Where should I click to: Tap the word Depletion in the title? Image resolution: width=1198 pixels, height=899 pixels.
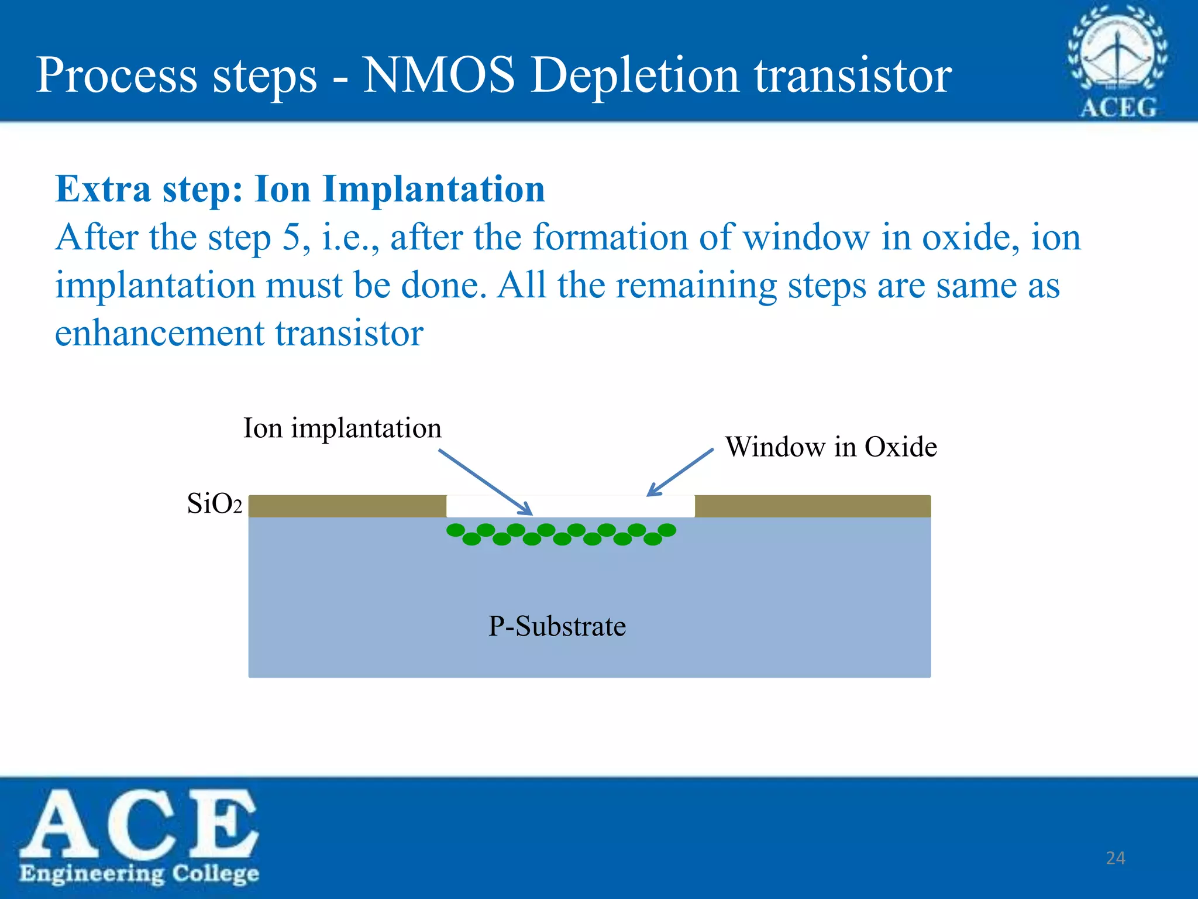pyautogui.click(x=635, y=76)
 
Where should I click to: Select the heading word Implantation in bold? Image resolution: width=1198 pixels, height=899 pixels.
pyautogui.click(x=433, y=190)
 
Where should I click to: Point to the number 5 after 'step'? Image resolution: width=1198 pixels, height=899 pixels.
pyautogui.click(x=291, y=238)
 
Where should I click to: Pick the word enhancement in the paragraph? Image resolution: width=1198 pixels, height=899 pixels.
pyautogui.click(x=159, y=334)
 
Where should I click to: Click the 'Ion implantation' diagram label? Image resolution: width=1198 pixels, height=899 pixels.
pyautogui.click(x=342, y=428)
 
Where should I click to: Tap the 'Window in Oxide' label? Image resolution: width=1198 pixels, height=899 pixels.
pyautogui.click(x=831, y=447)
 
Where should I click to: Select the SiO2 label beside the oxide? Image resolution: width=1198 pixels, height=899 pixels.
pyautogui.click(x=214, y=503)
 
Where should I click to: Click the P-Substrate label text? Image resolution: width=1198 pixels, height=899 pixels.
pyautogui.click(x=557, y=626)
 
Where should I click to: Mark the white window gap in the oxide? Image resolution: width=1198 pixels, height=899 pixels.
pyautogui.click(x=570, y=506)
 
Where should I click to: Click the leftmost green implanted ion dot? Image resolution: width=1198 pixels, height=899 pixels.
pyautogui.click(x=456, y=530)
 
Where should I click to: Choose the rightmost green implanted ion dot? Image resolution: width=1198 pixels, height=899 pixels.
pyautogui.click(x=667, y=530)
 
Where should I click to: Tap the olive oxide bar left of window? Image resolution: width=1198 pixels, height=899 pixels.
pyautogui.click(x=347, y=506)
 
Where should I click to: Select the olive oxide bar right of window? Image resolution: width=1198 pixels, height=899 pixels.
pyautogui.click(x=812, y=506)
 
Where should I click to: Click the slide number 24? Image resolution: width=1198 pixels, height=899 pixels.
pyautogui.click(x=1116, y=858)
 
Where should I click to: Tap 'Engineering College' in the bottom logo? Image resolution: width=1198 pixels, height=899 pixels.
pyautogui.click(x=139, y=873)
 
